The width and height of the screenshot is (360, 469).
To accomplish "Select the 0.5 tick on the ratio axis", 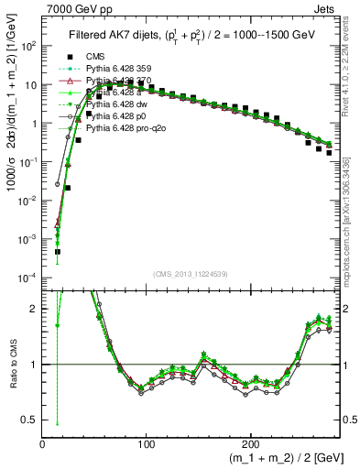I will tap(29, 420).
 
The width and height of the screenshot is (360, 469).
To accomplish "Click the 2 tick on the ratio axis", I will tap(33, 309).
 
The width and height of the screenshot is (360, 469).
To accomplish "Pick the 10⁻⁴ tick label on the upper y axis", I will tap(27, 277).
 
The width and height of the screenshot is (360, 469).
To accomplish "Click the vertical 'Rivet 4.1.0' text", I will tap(352, 69).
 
